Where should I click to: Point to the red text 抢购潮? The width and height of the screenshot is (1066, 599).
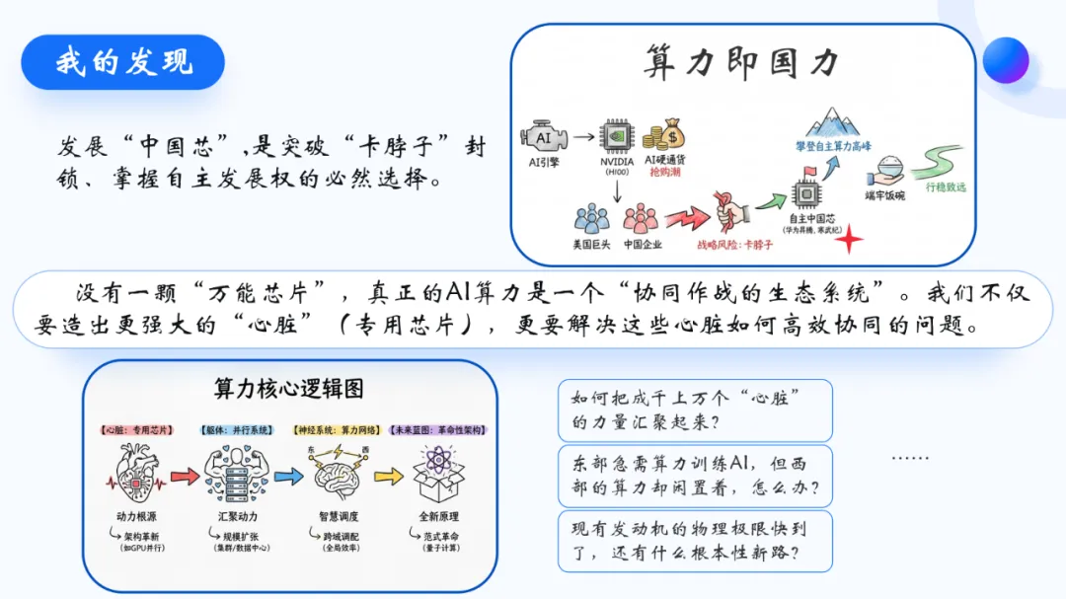click(663, 172)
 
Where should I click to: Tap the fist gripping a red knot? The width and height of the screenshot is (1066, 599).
click(730, 209)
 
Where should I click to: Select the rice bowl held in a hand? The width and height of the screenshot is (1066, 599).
click(884, 168)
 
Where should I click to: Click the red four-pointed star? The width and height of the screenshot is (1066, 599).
click(847, 239)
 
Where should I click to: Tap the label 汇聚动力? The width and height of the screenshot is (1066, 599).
click(237, 516)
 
